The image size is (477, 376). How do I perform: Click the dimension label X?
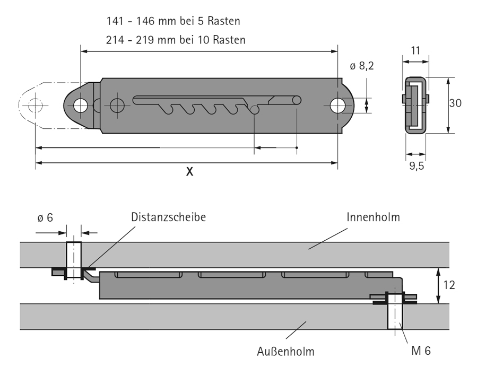pos(189,172)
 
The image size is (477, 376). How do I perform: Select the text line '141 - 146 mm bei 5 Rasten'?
pos(173,22)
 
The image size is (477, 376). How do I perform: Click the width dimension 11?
pos(415,51)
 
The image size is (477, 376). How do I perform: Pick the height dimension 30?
pos(455,104)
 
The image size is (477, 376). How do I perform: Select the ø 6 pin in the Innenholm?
pos(73,256)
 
